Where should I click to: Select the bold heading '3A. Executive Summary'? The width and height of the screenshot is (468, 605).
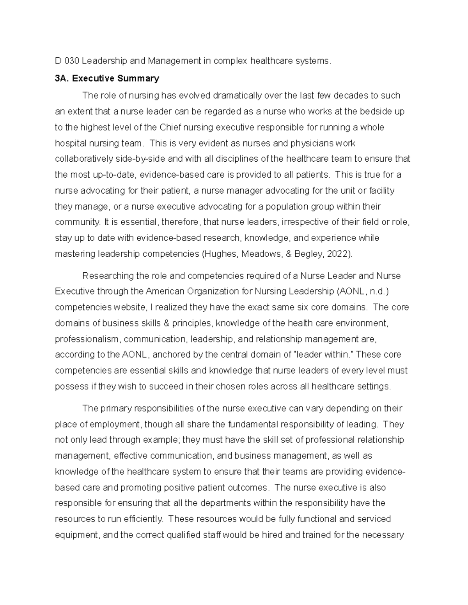point(107,79)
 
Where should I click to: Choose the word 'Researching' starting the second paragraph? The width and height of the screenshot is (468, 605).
point(108,276)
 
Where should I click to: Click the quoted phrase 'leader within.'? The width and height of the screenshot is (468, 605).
point(323,355)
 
